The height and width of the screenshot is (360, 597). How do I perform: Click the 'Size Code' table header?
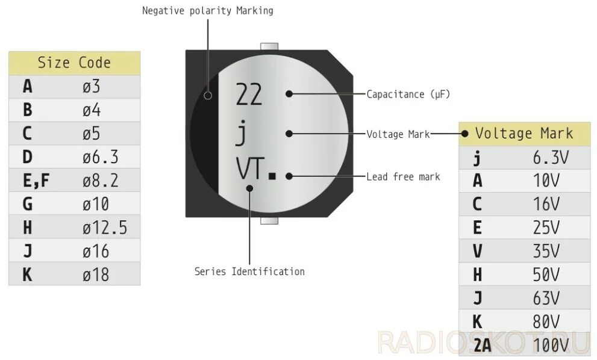(x=74, y=63)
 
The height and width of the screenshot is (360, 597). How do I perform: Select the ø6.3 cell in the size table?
(x=100, y=157)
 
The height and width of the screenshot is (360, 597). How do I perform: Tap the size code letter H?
(x=27, y=228)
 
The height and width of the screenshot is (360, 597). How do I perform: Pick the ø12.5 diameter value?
(x=105, y=228)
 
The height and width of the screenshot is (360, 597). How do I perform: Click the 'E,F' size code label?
(x=36, y=181)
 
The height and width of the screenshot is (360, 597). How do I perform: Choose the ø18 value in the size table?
(x=96, y=275)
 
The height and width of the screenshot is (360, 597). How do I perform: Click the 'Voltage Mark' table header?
(x=524, y=133)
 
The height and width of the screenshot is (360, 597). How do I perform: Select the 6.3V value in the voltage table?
(x=551, y=158)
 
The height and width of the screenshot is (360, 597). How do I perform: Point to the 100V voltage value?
(x=551, y=345)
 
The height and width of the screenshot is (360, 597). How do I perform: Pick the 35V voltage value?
(x=546, y=251)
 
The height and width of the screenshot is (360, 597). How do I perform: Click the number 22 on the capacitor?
(x=249, y=95)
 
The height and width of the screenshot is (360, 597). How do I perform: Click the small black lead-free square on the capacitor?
(x=272, y=176)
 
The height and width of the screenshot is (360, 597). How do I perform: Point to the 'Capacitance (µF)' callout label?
(x=408, y=95)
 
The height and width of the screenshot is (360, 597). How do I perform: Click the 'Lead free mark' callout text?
(x=403, y=176)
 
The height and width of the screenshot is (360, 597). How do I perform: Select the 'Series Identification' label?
(x=249, y=272)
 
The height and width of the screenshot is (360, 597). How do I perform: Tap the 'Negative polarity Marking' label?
(x=207, y=11)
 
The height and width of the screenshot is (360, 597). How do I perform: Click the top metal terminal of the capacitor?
(x=269, y=46)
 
